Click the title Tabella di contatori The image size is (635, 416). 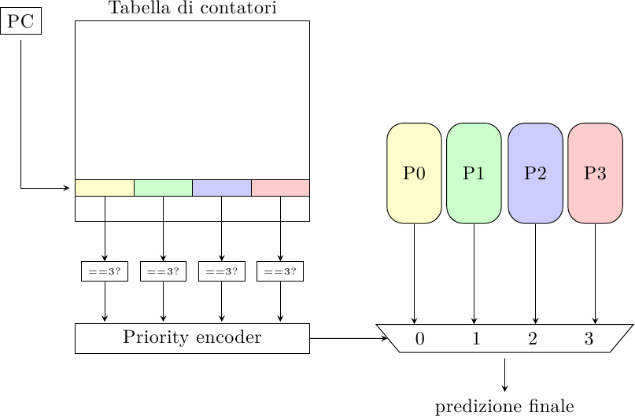pyautogui.click(x=192, y=9)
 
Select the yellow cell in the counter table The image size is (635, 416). pyautogui.click(x=105, y=188)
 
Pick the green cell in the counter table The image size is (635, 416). pyautogui.click(x=163, y=188)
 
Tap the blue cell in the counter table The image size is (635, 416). pyautogui.click(x=222, y=188)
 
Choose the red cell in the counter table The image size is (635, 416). pyautogui.click(x=280, y=188)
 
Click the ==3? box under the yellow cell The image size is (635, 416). pyautogui.click(x=105, y=271)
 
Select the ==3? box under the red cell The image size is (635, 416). pyautogui.click(x=280, y=271)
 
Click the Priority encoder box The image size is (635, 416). pyautogui.click(x=192, y=338)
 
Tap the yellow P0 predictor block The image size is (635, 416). pyautogui.click(x=414, y=173)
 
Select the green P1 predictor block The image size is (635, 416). pyautogui.click(x=474, y=173)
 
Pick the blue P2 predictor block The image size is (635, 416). pyautogui.click(x=535, y=173)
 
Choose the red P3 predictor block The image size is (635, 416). pyautogui.click(x=595, y=173)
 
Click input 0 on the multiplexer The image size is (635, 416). pyautogui.click(x=419, y=339)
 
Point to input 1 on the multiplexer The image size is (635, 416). pyautogui.click(x=476, y=339)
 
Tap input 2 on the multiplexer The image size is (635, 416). pyautogui.click(x=533, y=339)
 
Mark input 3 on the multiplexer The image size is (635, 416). pyautogui.click(x=589, y=339)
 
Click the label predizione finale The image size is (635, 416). pyautogui.click(x=504, y=407)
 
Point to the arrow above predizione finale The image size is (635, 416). pyautogui.click(x=504, y=374)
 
